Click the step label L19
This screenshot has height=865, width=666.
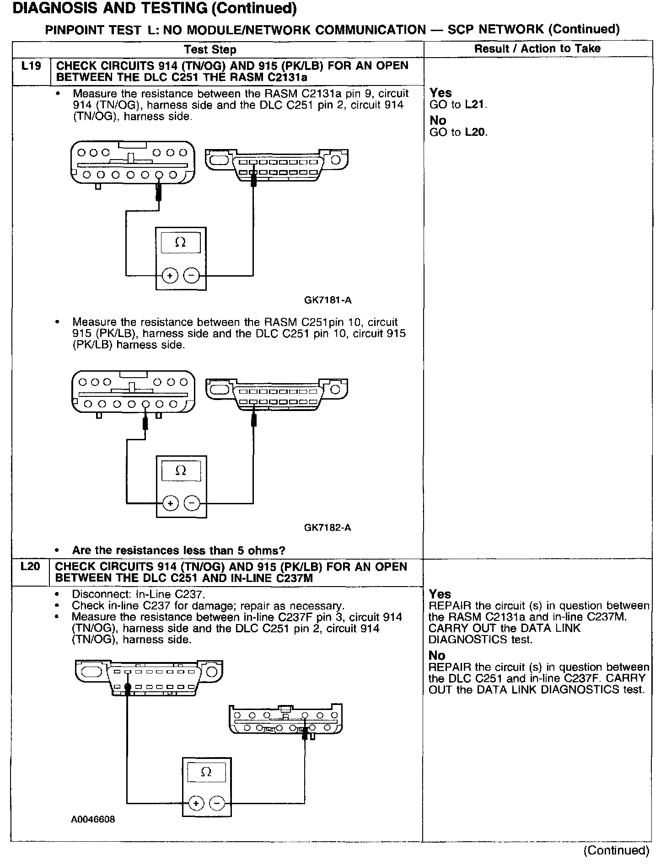pyautogui.click(x=31, y=66)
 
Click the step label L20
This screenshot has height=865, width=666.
pyautogui.click(x=31, y=567)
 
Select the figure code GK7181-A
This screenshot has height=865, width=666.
pyautogui.click(x=328, y=300)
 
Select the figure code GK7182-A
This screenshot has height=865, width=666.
pyautogui.click(x=328, y=528)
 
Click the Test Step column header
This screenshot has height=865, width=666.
pyautogui.click(x=210, y=49)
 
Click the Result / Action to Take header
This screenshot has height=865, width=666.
pyautogui.click(x=537, y=48)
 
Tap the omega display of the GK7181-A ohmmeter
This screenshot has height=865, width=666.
pyautogui.click(x=181, y=243)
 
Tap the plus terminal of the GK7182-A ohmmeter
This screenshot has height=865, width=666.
pyautogui.click(x=170, y=503)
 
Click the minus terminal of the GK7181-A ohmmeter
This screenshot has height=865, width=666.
pyautogui.click(x=191, y=276)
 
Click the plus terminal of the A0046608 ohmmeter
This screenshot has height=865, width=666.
pyautogui.click(x=196, y=803)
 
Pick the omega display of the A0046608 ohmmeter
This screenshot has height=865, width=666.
pyautogui.click(x=206, y=772)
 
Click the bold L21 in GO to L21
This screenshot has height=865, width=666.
pyautogui.click(x=475, y=105)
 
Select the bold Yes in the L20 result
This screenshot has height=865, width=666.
pyautogui.click(x=440, y=594)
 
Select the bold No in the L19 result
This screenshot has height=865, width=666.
pyautogui.click(x=438, y=121)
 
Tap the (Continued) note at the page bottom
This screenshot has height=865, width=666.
pyautogui.click(x=616, y=850)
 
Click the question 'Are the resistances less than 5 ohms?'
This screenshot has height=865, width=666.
pyautogui.click(x=179, y=550)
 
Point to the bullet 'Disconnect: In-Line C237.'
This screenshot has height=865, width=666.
pyautogui.click(x=139, y=594)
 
